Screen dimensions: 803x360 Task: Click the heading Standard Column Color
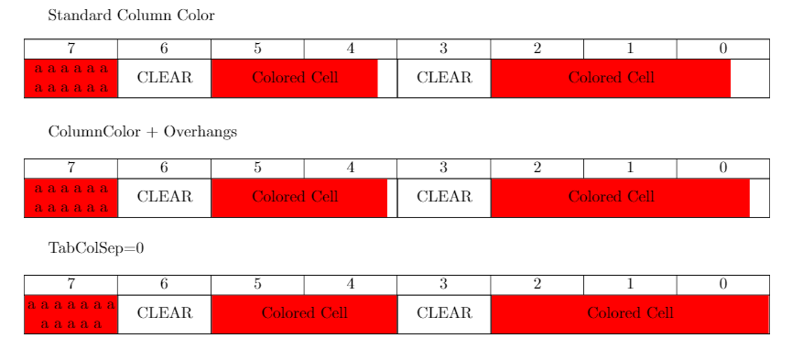(x=131, y=16)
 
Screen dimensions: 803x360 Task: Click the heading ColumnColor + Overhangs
(x=142, y=132)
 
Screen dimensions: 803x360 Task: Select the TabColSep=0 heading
(x=96, y=248)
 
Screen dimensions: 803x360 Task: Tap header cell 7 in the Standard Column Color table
(x=71, y=49)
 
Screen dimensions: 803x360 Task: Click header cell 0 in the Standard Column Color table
(x=722, y=49)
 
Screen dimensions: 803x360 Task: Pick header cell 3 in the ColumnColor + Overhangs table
(x=443, y=168)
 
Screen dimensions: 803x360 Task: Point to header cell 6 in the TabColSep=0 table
(x=164, y=284)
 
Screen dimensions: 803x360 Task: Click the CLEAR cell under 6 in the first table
(x=165, y=78)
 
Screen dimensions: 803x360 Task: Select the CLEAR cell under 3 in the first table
(x=444, y=78)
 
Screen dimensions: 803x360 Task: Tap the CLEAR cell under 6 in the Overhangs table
(x=165, y=197)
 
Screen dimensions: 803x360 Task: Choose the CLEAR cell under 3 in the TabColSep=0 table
(x=444, y=313)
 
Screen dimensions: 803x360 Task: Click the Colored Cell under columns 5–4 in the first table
(x=295, y=78)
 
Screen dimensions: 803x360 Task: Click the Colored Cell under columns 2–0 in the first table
(x=611, y=78)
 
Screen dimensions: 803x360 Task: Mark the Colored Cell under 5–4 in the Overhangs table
(x=295, y=197)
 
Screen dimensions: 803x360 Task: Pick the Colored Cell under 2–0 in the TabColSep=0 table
(x=630, y=313)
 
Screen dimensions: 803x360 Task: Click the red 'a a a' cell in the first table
(x=71, y=78)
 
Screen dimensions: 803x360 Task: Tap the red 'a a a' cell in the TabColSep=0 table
(x=71, y=313)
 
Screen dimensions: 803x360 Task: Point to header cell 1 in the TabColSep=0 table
(x=630, y=284)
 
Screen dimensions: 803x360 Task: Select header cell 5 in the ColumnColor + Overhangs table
(x=257, y=168)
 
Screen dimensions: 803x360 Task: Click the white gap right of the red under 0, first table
(x=749, y=78)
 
